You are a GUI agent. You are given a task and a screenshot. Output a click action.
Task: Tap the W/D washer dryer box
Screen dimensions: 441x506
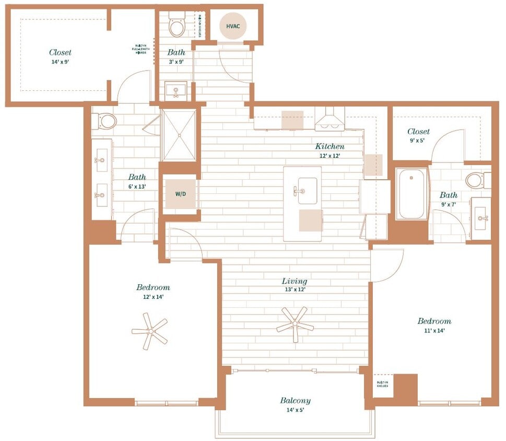180,193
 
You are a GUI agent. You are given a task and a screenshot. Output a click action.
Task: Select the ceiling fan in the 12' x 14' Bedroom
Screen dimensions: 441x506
150,331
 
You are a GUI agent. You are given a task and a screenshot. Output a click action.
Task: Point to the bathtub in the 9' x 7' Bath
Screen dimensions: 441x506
412,195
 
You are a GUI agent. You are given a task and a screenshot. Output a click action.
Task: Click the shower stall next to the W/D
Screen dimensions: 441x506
179,135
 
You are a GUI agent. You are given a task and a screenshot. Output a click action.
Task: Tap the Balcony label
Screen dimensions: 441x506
295,401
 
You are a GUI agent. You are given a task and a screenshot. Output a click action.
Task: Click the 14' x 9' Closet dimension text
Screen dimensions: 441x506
60,61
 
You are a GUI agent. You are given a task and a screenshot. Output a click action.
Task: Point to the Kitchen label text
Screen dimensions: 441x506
330,146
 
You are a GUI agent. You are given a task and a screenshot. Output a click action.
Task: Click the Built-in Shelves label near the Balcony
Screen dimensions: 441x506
382,384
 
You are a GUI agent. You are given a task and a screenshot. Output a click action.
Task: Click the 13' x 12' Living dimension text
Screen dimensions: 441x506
295,289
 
